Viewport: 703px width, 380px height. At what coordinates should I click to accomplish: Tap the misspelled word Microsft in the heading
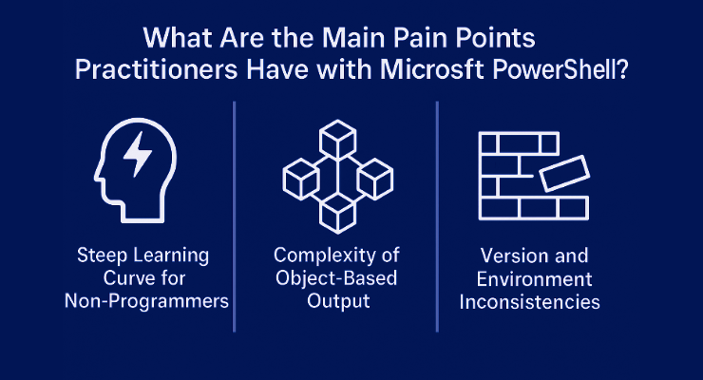432,70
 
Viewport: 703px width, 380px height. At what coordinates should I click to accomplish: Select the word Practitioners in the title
156,70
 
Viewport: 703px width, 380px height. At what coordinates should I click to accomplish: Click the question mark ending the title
622,70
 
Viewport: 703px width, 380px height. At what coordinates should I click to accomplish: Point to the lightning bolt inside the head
138,154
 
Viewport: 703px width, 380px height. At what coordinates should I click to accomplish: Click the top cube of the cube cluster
338,139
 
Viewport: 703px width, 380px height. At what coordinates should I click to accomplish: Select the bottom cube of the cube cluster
338,214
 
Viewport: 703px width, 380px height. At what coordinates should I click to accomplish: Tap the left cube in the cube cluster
301,180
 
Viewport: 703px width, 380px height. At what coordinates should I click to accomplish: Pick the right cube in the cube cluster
375,180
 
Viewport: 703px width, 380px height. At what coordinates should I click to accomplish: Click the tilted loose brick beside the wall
564,174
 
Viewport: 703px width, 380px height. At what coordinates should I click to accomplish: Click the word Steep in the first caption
96,256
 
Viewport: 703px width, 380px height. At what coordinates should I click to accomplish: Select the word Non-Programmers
146,301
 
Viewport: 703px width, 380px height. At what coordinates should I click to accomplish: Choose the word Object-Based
336,278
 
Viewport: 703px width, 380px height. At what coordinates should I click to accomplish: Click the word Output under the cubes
338,301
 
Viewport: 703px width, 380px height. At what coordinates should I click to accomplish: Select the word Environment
535,279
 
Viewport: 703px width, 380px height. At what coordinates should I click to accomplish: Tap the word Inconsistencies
529,301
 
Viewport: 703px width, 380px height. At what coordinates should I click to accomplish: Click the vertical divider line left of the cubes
234,217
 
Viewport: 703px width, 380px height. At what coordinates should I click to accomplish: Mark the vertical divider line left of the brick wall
437,217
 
